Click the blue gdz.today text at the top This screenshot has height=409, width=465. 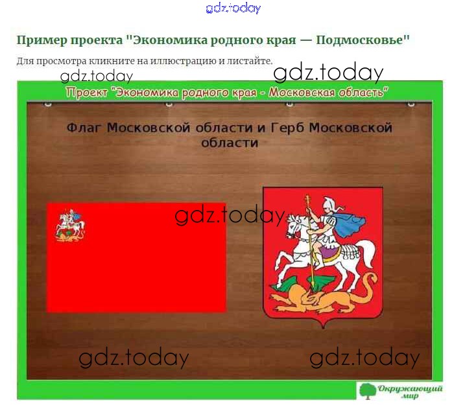[x=233, y=8]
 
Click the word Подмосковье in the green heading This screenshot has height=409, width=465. [x=363, y=40]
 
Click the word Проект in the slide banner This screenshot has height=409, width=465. [x=87, y=93]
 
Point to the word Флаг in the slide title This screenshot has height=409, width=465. [x=84, y=128]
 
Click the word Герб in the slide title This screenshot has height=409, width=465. [x=287, y=128]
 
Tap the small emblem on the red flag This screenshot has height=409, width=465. [x=70, y=226]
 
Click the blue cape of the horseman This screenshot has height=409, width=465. [x=350, y=224]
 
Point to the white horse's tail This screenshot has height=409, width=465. [x=368, y=252]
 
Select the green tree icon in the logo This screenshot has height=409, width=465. [x=367, y=391]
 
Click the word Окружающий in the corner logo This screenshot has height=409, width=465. [x=410, y=388]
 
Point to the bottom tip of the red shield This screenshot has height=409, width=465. [x=323, y=328]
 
